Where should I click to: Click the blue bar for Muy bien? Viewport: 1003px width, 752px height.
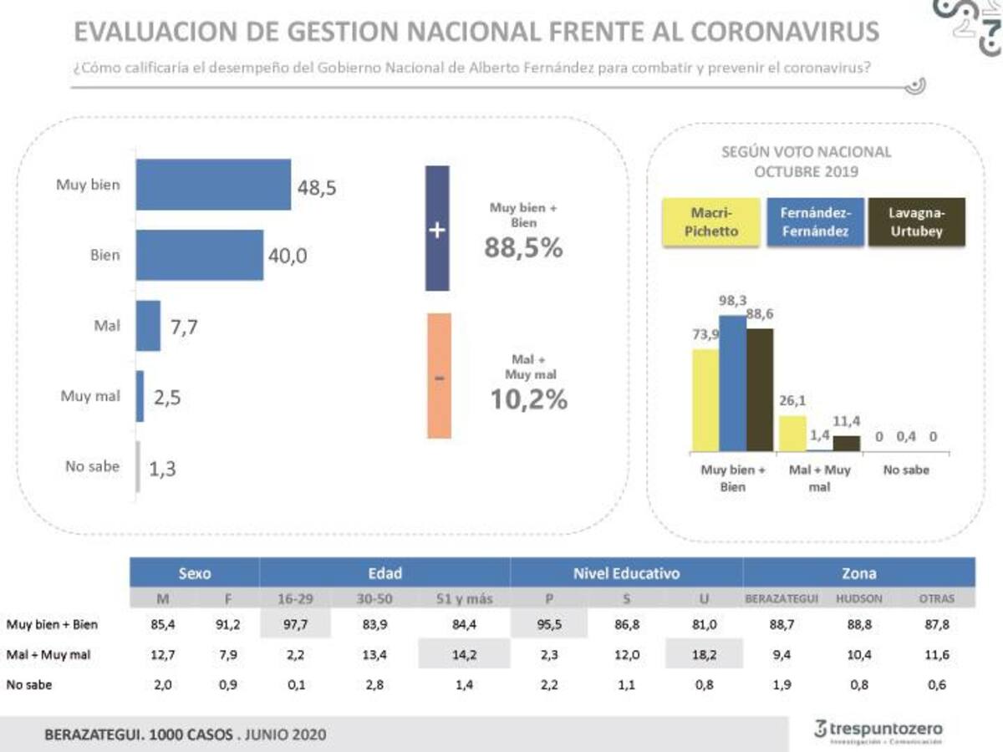[x=213, y=185]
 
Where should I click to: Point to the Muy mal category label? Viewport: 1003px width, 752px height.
[x=90, y=396]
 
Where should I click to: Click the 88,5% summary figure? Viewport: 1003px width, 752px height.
[x=523, y=247]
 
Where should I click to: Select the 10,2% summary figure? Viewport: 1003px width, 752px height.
[x=528, y=399]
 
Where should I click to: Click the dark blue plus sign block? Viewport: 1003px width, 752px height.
[x=437, y=228]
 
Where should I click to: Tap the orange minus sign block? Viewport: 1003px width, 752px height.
[x=439, y=376]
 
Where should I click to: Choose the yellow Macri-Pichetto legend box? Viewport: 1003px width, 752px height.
[x=711, y=222]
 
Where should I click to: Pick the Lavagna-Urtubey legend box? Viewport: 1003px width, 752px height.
[x=916, y=222]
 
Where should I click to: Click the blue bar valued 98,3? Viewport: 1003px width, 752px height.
[x=733, y=384]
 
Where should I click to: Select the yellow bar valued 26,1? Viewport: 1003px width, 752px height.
[x=792, y=434]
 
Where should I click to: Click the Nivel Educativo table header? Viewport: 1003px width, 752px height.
[x=626, y=573]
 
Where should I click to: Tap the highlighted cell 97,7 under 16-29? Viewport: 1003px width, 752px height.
[x=296, y=623]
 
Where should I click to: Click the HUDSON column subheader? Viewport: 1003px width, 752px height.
[x=859, y=599]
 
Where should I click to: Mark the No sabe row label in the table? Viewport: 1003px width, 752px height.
[x=26, y=687]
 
